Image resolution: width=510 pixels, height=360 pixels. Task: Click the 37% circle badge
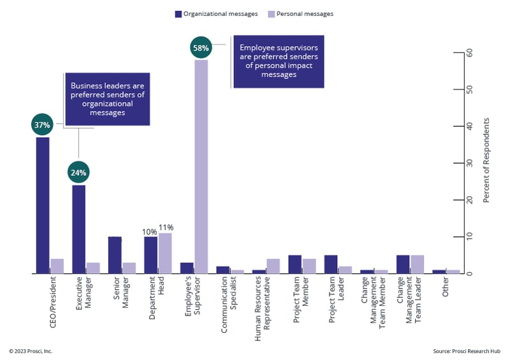[42, 125]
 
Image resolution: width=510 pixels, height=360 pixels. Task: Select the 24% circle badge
[78, 173]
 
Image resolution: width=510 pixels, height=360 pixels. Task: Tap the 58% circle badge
[201, 47]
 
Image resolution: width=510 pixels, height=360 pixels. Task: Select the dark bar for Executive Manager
[78, 229]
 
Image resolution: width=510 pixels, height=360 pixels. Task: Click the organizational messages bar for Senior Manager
[115, 255]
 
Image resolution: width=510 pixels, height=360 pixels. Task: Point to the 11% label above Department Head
[165, 227]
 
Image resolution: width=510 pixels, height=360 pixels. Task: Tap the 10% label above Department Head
[150, 231]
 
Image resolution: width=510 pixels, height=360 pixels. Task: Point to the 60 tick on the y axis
[469, 53]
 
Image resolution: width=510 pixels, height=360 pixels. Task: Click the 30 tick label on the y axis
[469, 163]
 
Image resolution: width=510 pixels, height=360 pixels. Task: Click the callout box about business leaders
[106, 99]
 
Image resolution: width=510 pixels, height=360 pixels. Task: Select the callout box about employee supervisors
[279, 61]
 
